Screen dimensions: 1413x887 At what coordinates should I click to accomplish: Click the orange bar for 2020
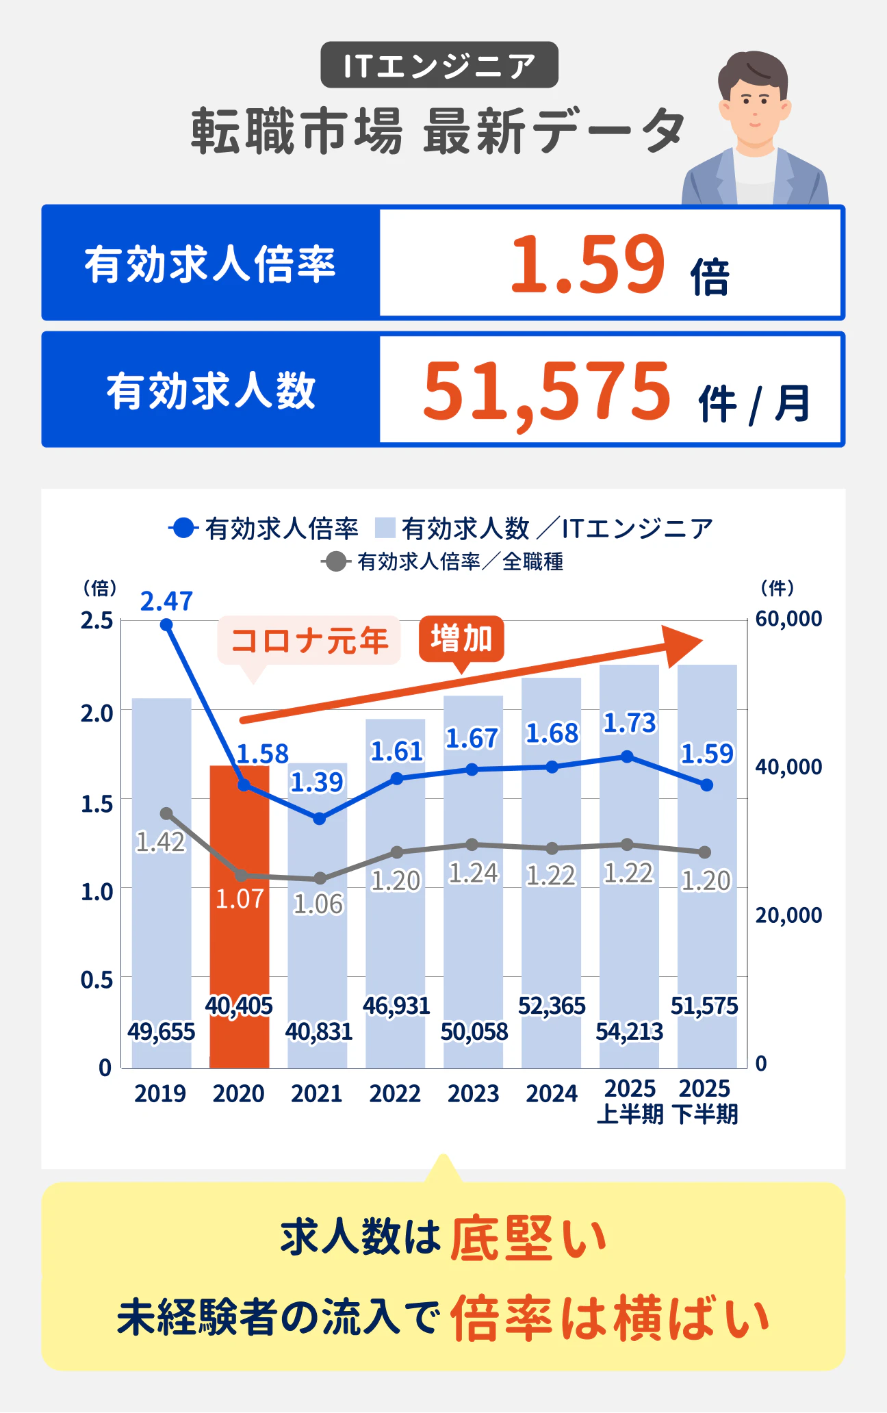point(239,917)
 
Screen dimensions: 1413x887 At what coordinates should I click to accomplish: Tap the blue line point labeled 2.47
point(166,624)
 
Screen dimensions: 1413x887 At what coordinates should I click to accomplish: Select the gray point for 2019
point(166,813)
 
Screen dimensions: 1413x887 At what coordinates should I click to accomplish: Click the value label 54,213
point(629,1031)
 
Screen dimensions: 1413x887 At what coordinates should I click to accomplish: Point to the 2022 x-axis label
point(395,1093)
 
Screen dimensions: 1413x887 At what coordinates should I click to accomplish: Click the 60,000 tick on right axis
point(788,618)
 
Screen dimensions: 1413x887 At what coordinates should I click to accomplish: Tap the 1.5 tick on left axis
point(97,804)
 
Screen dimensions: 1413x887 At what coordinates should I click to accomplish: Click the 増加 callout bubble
point(461,639)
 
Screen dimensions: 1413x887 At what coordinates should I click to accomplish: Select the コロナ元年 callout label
point(309,641)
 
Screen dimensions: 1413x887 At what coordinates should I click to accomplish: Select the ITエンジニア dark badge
point(439,65)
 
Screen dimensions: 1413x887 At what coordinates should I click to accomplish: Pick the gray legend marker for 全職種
point(335,562)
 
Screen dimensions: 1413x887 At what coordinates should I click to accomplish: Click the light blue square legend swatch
point(385,529)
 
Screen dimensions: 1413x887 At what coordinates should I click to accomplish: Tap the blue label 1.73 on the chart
point(629,723)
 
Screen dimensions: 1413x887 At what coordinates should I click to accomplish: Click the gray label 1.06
point(318,904)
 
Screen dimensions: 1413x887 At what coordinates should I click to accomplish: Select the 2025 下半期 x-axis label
point(705,1102)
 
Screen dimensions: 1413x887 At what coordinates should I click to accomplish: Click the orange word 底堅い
point(528,1238)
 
